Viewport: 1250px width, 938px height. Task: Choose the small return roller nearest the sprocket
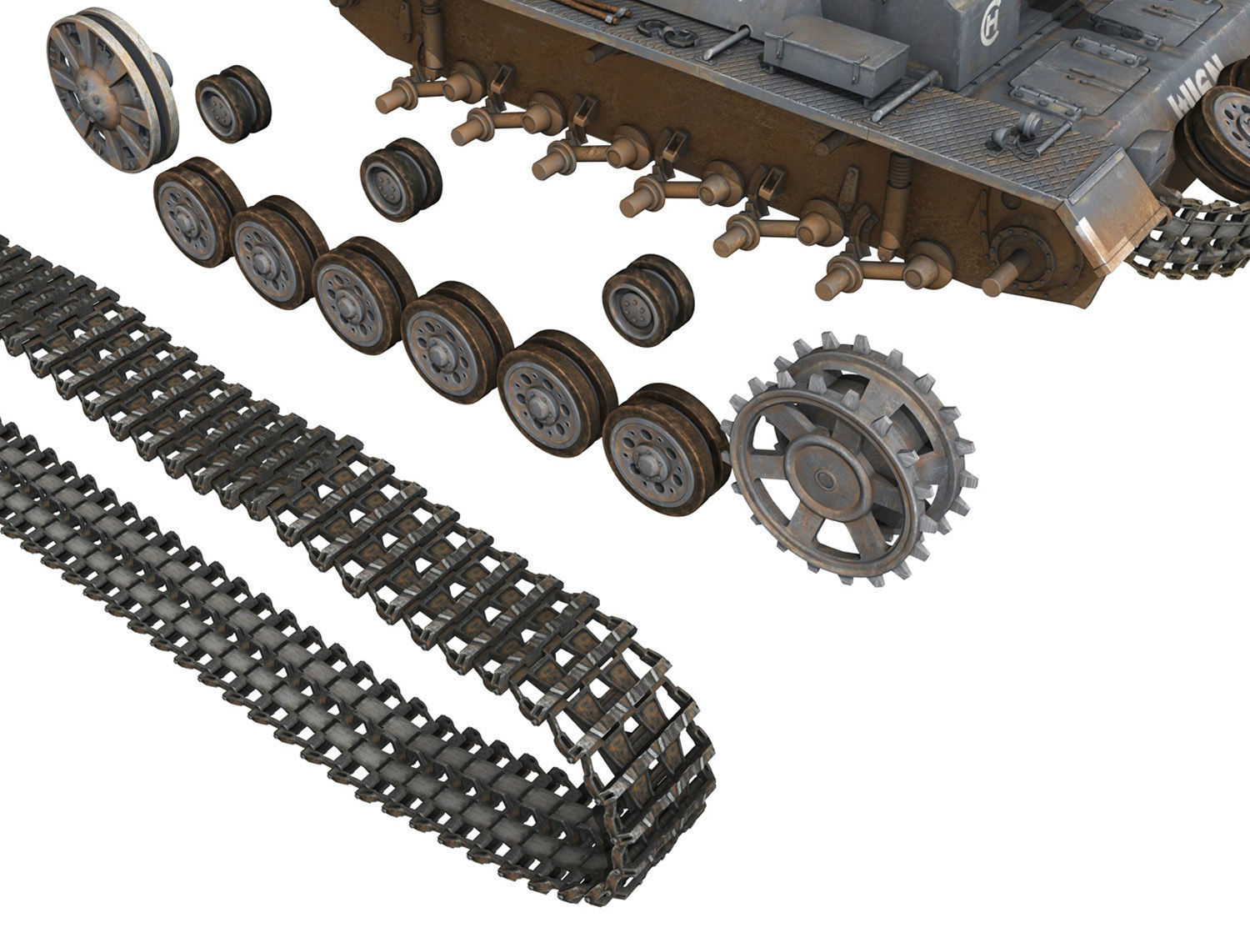click(x=647, y=300)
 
